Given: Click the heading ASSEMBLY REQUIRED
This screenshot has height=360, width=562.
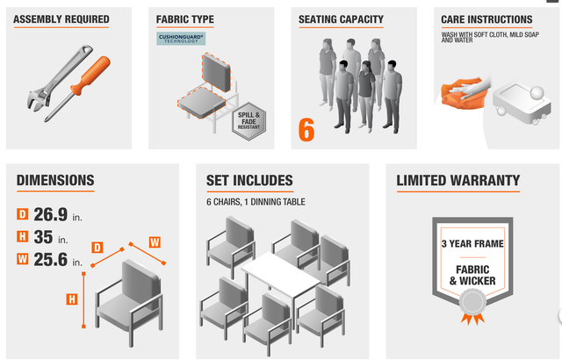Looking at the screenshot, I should coord(61,19).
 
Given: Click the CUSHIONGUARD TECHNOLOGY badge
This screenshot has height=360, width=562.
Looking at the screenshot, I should coord(181,39).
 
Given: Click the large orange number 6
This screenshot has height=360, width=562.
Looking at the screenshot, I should coord(306,128).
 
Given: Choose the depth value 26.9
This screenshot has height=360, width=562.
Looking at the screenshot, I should coord(51,213).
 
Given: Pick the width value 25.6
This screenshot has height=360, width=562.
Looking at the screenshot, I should coord(51,260).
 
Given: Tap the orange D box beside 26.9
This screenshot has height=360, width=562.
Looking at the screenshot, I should coord(23,213).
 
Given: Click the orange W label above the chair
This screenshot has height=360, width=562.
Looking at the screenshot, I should coord(154,241).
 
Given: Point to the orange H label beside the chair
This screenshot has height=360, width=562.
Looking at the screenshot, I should coord(72,299).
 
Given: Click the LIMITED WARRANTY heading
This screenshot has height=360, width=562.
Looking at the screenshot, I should coord(458,181).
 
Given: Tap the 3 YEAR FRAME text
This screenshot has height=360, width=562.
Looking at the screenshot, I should coord(472,242).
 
